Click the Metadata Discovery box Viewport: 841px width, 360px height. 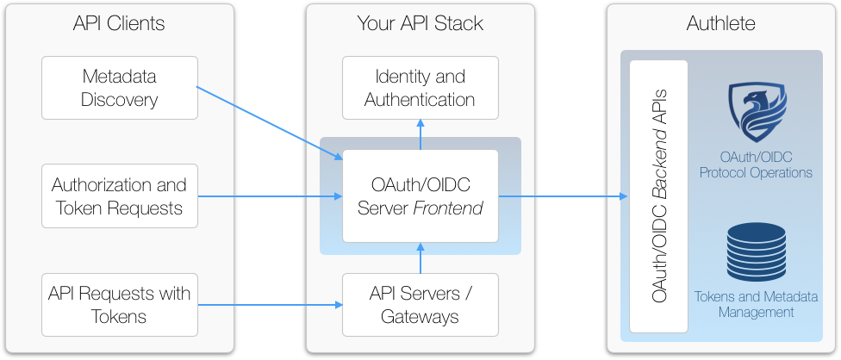pos(120,88)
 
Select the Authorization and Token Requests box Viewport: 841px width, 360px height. pos(120,196)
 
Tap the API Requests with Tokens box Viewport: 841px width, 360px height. pos(120,305)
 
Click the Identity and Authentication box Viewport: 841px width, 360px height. pos(420,88)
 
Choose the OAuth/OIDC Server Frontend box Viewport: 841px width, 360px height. pos(420,196)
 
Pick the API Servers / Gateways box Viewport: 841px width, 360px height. pos(420,305)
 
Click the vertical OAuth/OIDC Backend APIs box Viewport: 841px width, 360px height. pos(659,196)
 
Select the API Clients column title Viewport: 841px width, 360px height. pos(119,23)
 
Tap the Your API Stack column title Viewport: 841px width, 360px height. pos(420,23)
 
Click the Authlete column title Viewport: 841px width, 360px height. pos(721,23)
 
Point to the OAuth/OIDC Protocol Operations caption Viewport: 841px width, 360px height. pos(756,164)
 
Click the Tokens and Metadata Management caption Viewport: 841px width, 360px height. pos(756,304)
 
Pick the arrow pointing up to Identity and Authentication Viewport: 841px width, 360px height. pos(420,133)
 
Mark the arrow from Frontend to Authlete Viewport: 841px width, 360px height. pos(564,196)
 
